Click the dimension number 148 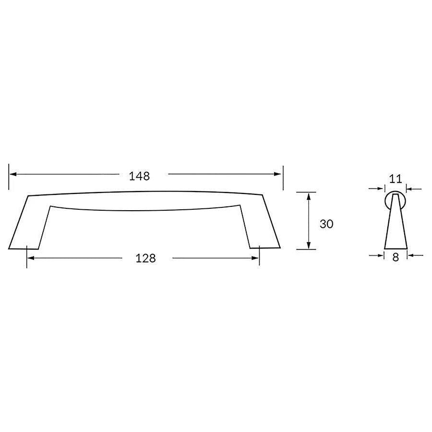(x=140, y=176)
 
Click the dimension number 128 (x=146, y=258)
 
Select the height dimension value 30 (x=326, y=224)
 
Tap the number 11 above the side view (x=395, y=180)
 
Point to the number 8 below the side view (x=396, y=257)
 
